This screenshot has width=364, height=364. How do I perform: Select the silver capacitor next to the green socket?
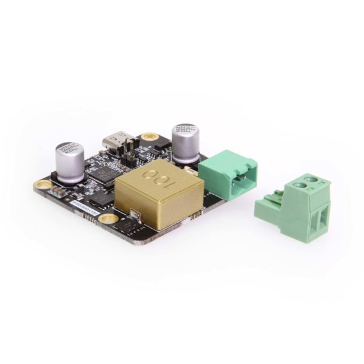(x=186, y=143)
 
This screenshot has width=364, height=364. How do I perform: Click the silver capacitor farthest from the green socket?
(x=70, y=162)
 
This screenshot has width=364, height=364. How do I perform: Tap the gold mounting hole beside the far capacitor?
(x=42, y=184)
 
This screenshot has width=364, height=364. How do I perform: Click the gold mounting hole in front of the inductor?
(x=107, y=219)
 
